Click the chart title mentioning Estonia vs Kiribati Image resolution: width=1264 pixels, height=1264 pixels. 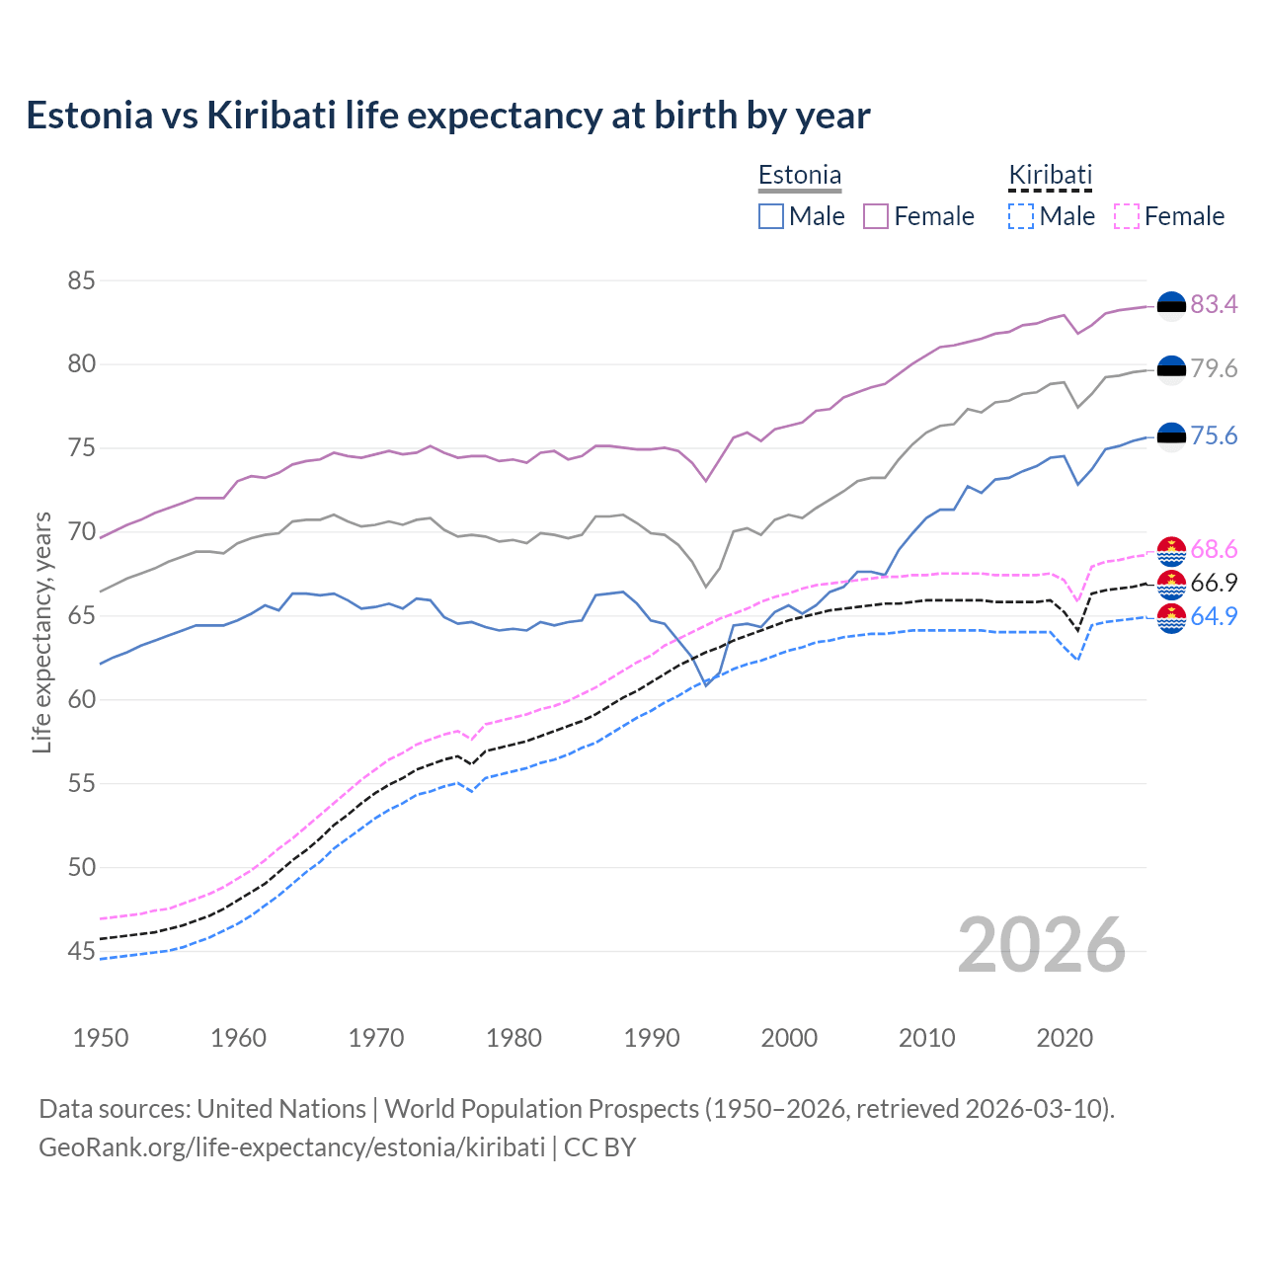click(447, 116)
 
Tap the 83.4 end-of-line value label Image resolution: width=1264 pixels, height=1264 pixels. click(1214, 304)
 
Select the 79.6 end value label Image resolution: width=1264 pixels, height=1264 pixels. click(1214, 368)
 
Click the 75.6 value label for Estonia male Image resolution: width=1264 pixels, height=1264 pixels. click(1214, 435)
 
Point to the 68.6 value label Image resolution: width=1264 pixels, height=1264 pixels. click(1214, 549)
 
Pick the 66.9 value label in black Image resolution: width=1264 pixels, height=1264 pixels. click(1214, 583)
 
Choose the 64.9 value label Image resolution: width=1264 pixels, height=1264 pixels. click(1214, 616)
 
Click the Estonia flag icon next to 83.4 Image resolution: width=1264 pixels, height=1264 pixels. click(1171, 306)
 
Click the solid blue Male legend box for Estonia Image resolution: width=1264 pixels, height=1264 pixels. click(771, 216)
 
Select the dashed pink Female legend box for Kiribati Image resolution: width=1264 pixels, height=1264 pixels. click(1127, 216)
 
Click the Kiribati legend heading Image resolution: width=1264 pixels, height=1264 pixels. click(1050, 175)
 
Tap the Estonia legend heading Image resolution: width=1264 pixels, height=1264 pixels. click(800, 175)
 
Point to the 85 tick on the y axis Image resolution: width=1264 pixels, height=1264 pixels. click(81, 280)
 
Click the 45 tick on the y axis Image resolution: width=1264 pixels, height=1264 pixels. click(81, 951)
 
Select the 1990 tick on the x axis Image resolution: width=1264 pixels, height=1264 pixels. click(652, 1038)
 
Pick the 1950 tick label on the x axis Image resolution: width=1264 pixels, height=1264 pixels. click(101, 1038)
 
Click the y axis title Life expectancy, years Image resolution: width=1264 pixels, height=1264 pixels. click(42, 632)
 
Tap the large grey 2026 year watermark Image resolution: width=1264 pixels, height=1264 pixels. click(1041, 945)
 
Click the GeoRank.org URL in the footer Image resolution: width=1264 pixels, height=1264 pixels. click(291, 1146)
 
